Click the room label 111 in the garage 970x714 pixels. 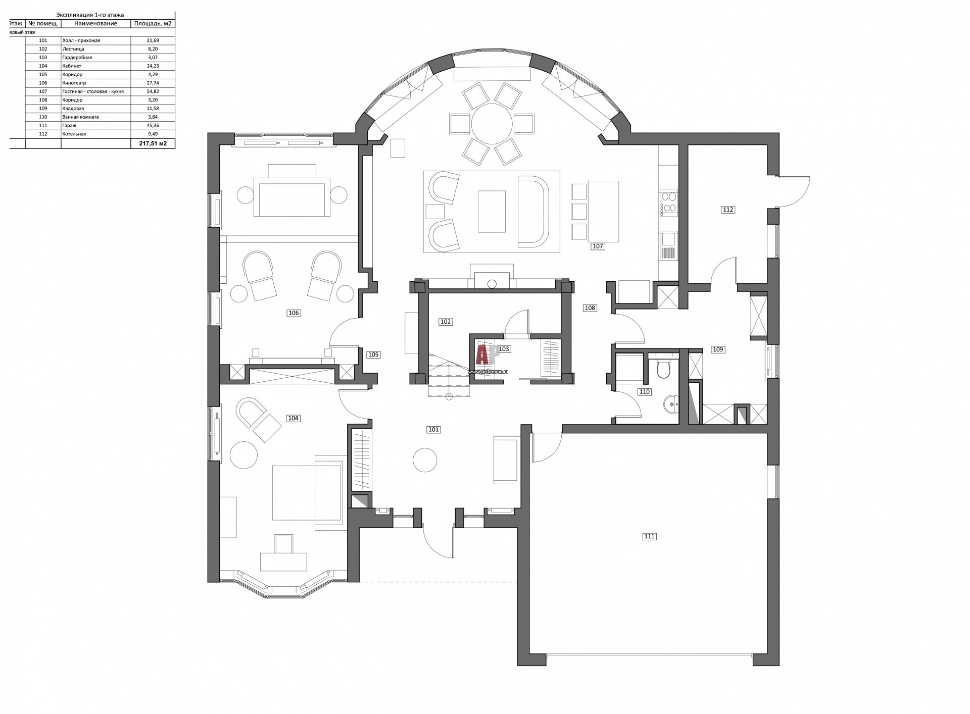pos(649,536)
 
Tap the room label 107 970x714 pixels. pos(598,246)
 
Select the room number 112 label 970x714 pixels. pos(727,210)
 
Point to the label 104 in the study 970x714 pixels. pos(293,418)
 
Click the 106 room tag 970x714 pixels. pos(294,313)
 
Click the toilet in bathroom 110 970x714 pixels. pos(664,369)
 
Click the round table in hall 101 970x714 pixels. pos(425,461)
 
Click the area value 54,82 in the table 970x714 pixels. pos(153,91)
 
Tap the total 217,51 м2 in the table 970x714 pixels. pos(153,143)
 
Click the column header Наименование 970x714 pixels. pos(95,23)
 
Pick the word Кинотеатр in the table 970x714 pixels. pos(74,83)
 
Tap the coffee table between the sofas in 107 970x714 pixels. pos(492,211)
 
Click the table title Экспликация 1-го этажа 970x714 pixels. pos(90,15)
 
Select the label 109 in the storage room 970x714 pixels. pos(718,349)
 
